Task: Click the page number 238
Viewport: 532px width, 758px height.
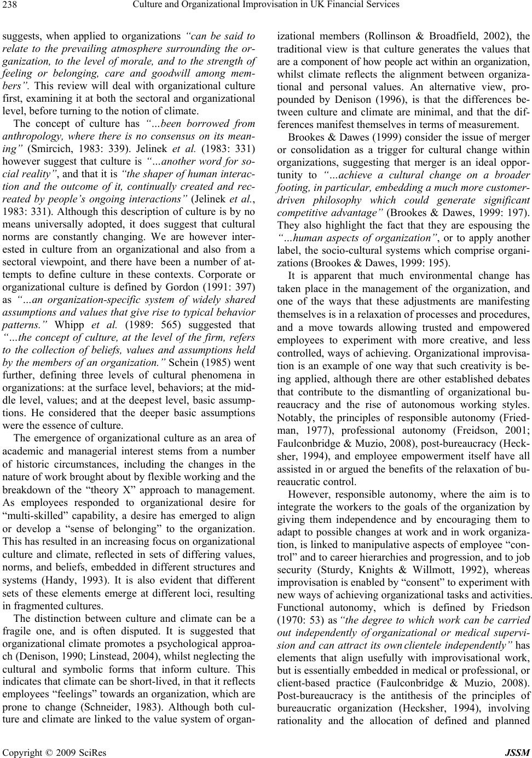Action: pyautogui.click(x=10, y=6)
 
